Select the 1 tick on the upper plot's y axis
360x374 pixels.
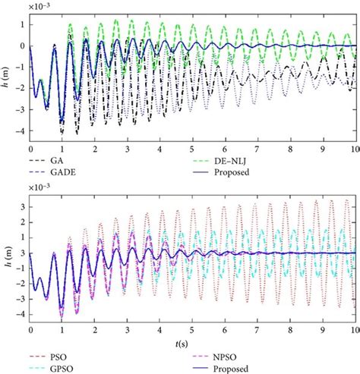[24, 24]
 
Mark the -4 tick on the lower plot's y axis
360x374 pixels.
[24, 313]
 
